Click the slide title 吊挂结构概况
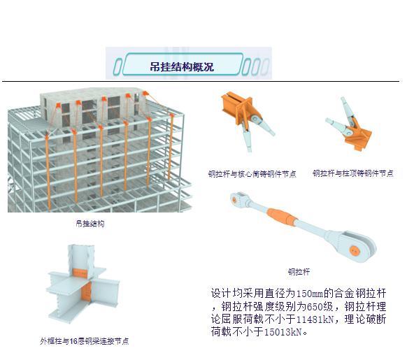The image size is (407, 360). click(x=182, y=66)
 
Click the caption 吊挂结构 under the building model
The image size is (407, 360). click(x=90, y=224)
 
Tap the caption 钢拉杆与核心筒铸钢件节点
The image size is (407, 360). click(x=252, y=173)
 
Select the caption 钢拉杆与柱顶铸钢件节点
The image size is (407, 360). click(x=353, y=173)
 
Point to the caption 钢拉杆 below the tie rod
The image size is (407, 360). click(x=299, y=272)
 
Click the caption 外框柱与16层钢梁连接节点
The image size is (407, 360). click(x=85, y=341)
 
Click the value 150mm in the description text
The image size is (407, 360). click(x=310, y=294)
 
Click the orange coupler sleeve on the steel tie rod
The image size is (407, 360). click(x=282, y=216)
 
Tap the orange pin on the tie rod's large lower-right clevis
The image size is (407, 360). click(x=355, y=251)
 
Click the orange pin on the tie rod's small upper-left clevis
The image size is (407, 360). click(x=235, y=199)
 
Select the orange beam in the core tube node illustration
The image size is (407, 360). click(x=231, y=104)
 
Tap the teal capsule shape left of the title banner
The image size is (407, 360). click(x=117, y=66)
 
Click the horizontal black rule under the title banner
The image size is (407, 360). click(x=201, y=81)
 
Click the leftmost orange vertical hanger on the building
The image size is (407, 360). click(x=48, y=173)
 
